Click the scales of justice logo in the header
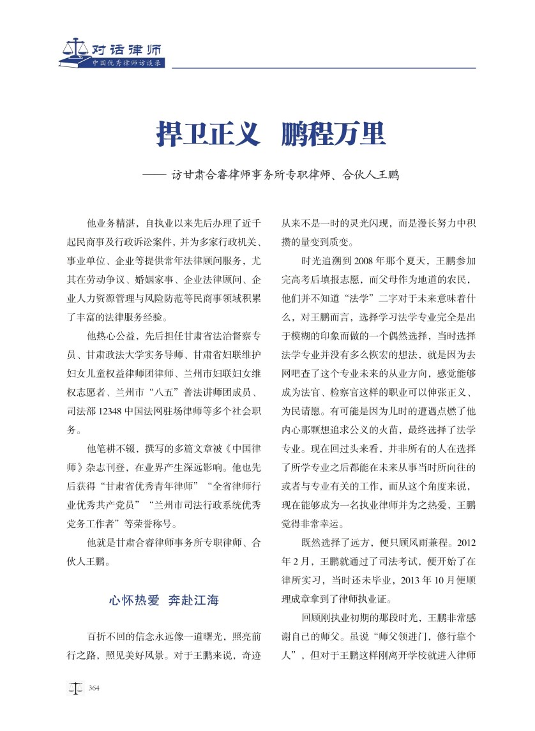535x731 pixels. (x=75, y=49)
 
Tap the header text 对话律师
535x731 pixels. (x=125, y=49)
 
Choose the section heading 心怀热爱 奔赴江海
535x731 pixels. (x=164, y=600)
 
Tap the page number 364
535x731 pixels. (x=94, y=688)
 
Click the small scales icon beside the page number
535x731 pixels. (x=76, y=688)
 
